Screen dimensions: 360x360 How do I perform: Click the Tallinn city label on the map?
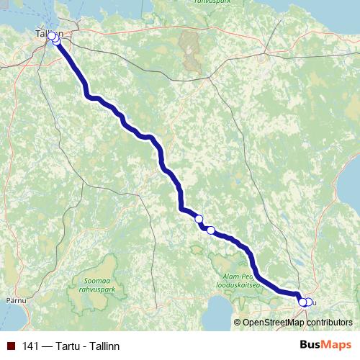[49, 34]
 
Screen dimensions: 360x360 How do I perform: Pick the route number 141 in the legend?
[31, 346]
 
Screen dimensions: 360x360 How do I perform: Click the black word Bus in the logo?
[310, 346]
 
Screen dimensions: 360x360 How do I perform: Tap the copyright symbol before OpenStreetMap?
[238, 322]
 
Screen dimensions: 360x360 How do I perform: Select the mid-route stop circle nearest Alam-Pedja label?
[211, 230]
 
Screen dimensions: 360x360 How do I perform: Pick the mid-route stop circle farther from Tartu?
[199, 219]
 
